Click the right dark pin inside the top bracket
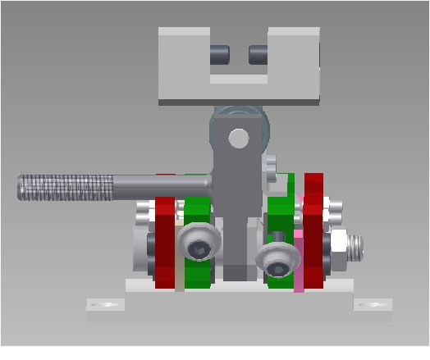point(258,55)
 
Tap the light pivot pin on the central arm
point(238,139)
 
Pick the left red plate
point(166,246)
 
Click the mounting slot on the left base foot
point(107,305)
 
